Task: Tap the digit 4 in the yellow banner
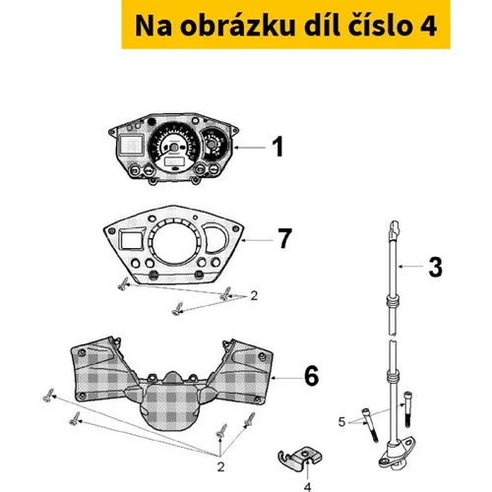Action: click(427, 26)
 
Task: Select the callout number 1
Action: click(277, 147)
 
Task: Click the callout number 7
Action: click(284, 238)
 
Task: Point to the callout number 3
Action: click(436, 267)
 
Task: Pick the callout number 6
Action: click(311, 376)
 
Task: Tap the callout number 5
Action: click(341, 422)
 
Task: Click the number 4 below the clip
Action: click(307, 487)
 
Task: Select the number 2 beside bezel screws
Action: click(254, 296)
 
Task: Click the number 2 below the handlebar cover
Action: click(220, 466)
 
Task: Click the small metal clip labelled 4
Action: click(299, 458)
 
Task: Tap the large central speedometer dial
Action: click(174, 146)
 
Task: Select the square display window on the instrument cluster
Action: click(131, 145)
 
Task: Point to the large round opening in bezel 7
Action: click(175, 242)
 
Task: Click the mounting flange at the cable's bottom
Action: click(397, 455)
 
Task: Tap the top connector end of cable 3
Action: click(395, 228)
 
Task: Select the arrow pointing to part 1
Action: click(250, 148)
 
